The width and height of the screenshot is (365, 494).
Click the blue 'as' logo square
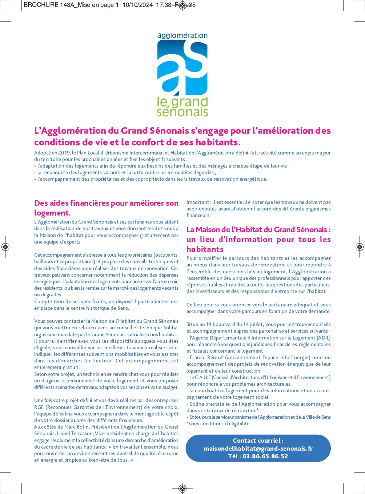182,68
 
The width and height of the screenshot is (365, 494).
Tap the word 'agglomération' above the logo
182,36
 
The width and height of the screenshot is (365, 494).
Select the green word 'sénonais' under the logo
182,112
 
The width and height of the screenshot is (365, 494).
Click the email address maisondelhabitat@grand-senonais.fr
258,449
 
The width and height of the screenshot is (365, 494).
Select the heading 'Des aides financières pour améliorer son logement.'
106,208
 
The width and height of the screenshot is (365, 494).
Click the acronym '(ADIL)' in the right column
324,338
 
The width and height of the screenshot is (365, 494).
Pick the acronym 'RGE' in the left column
39,407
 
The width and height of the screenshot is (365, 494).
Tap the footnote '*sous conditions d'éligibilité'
218,423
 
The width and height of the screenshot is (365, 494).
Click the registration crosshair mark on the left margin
5,247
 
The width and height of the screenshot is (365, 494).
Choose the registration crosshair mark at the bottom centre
182,488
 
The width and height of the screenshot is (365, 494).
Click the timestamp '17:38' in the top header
164,5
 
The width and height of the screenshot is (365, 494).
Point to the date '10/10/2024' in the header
137,5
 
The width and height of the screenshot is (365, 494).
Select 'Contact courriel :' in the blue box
258,441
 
